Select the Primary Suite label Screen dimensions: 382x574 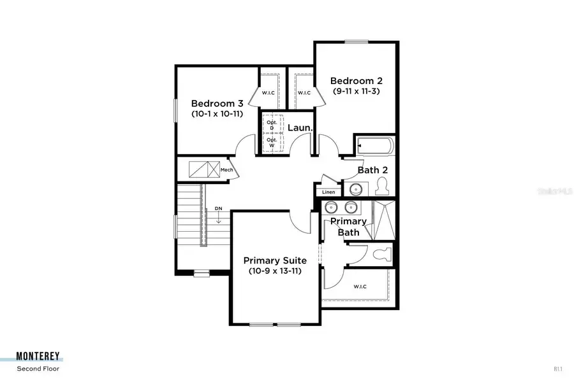[x=275, y=260]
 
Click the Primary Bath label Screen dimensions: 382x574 [x=348, y=227]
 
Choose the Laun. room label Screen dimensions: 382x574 [x=300, y=127]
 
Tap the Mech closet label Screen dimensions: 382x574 [x=226, y=170]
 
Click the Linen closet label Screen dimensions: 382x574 [x=328, y=192]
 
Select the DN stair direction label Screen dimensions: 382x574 [x=218, y=209]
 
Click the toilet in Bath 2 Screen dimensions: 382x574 [x=383, y=186]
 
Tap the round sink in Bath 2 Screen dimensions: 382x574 [x=355, y=189]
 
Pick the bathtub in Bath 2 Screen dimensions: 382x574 [x=375, y=146]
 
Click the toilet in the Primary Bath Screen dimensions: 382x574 [x=383, y=255]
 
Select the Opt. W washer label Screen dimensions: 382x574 [x=271, y=143]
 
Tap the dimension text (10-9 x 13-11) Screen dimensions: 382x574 [x=275, y=271]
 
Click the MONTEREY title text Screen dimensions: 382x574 [x=40, y=357]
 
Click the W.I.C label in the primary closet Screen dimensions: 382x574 [x=359, y=286]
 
